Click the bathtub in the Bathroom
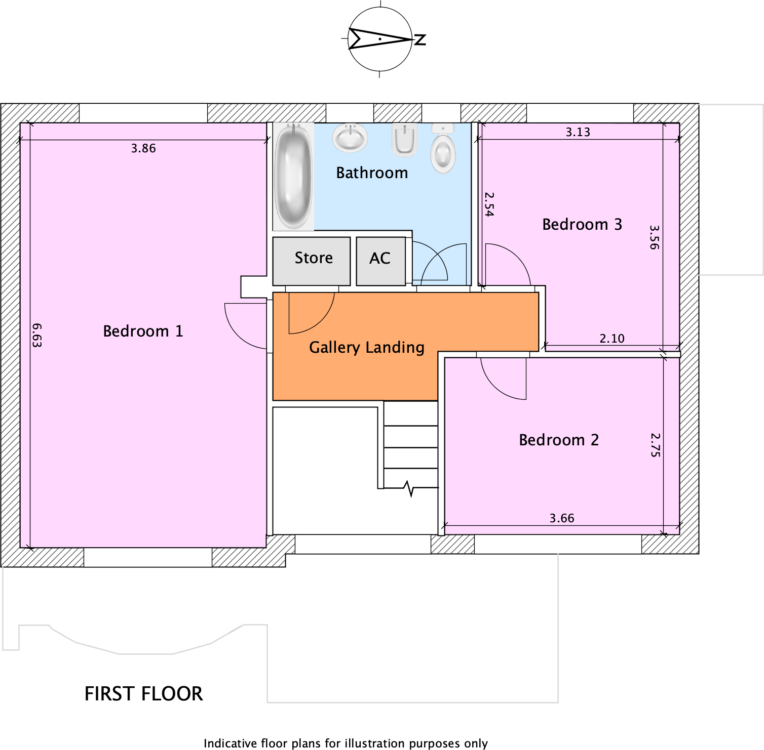tap(293, 177)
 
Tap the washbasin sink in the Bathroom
tap(350, 137)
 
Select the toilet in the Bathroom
tap(443, 150)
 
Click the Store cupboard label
tap(314, 258)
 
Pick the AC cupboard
tap(380, 259)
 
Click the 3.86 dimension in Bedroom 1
tap(143, 148)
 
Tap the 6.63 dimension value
tap(37, 335)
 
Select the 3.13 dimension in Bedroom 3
tap(578, 132)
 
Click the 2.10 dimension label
tap(612, 339)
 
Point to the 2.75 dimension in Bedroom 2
tap(655, 445)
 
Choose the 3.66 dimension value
tap(562, 518)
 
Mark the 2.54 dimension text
tap(489, 204)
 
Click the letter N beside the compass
tap(420, 39)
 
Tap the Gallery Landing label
tap(366, 348)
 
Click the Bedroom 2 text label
tap(558, 440)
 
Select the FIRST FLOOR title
tap(143, 693)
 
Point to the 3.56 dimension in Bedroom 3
tap(654, 237)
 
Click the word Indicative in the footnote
tap(230, 743)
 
